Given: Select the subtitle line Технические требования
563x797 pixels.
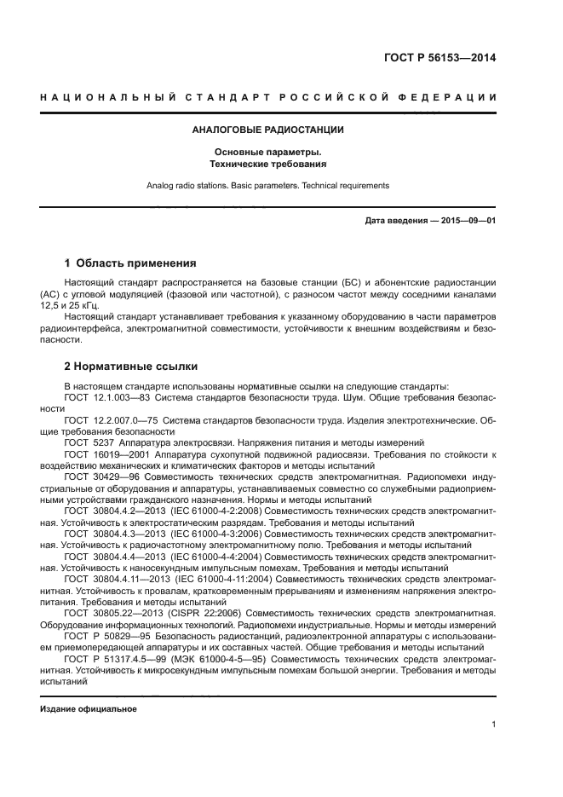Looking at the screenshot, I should [267, 163].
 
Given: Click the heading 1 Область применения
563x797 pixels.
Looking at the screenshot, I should [130, 263].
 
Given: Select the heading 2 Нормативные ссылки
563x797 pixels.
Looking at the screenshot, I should [131, 367].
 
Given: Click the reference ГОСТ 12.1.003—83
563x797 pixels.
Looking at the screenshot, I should [107, 397].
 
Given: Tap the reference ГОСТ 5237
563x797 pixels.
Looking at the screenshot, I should [89, 442].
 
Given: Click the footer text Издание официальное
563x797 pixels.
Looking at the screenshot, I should [89, 708].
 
